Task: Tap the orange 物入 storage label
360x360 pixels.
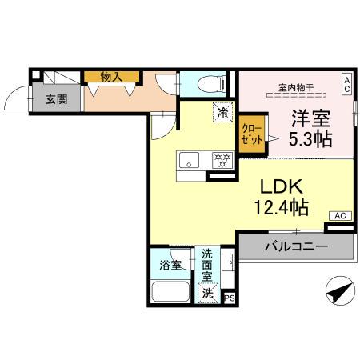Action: (x=110, y=78)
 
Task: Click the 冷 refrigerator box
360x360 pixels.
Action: (x=222, y=113)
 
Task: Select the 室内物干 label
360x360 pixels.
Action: (x=295, y=86)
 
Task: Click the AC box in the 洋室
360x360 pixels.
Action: (x=346, y=83)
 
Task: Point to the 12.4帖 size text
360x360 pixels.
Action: (x=278, y=208)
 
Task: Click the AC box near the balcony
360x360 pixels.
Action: (x=339, y=216)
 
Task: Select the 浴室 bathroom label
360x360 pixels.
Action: (x=170, y=263)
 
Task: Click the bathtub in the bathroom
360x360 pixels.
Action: (x=170, y=290)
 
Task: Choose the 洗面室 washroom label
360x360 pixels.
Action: (x=207, y=263)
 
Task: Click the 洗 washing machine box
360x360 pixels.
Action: (x=207, y=293)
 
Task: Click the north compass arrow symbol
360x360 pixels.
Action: (x=339, y=292)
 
